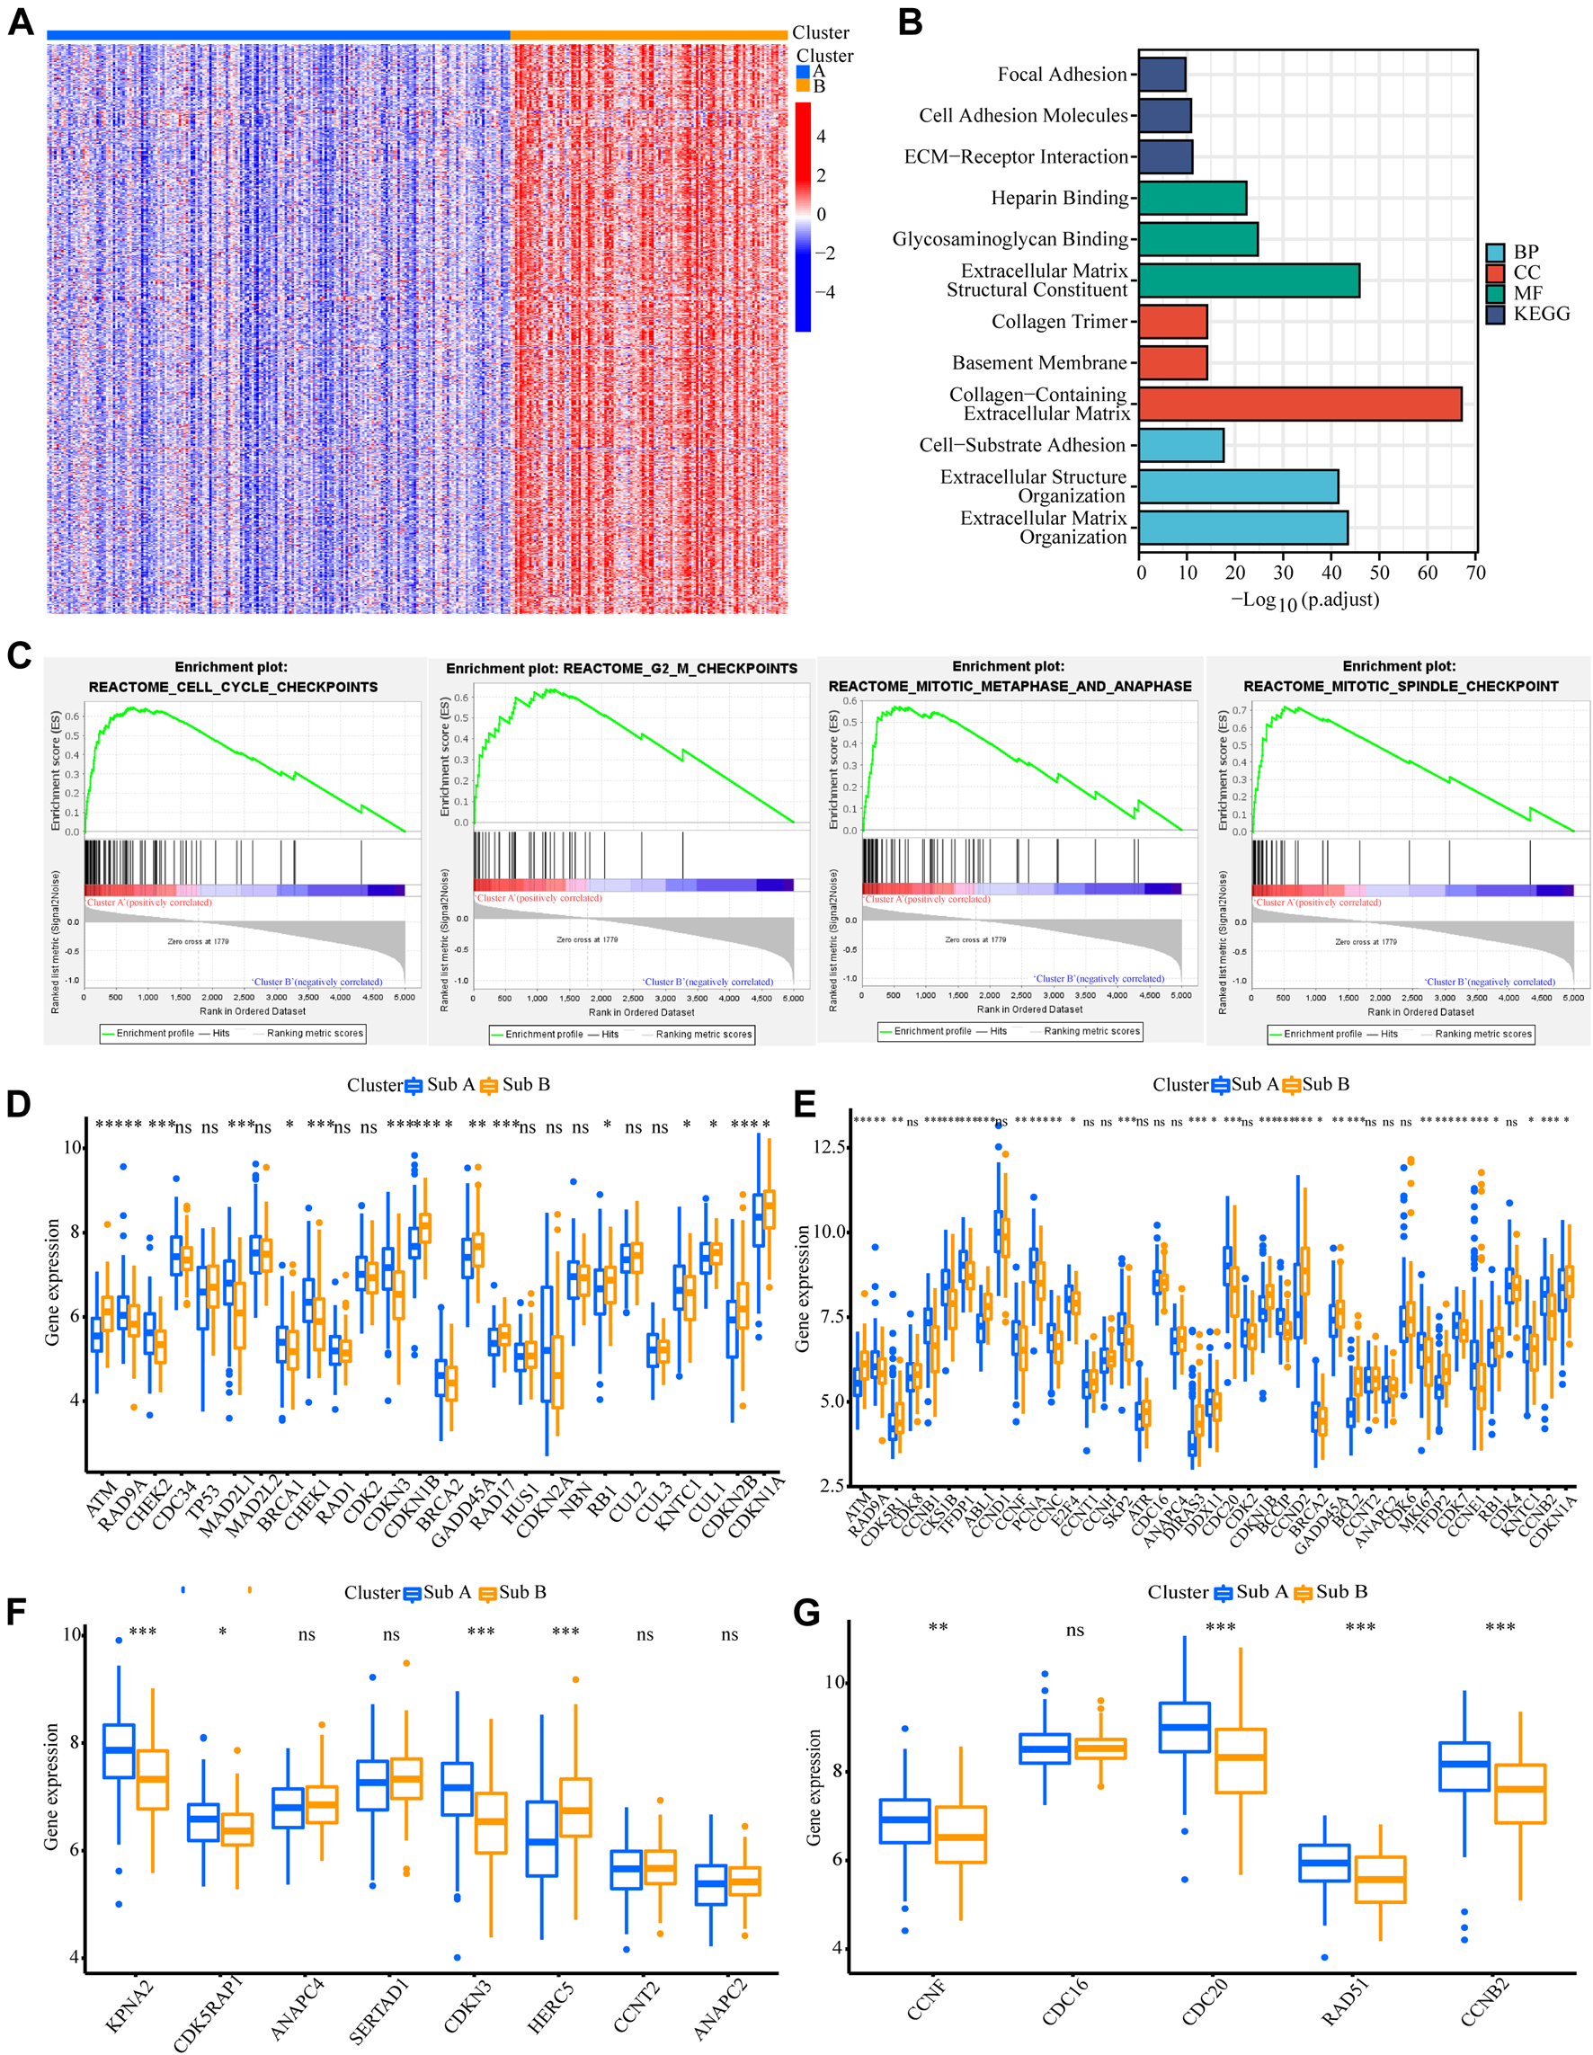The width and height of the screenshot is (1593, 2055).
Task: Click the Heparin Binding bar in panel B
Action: [1191, 198]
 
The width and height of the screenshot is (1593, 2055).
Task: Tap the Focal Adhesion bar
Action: [1161, 75]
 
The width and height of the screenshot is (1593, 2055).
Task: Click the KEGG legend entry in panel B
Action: [1540, 315]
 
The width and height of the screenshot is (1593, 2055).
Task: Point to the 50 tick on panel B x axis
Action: [1378, 572]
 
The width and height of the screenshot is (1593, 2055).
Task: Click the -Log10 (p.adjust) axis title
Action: [1305, 600]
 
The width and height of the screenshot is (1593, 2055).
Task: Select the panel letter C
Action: [19, 656]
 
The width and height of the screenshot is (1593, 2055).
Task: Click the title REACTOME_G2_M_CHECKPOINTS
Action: [621, 668]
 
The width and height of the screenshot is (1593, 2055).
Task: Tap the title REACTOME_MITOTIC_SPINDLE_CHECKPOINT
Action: [1400, 686]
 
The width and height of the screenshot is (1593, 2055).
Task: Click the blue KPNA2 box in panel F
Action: [119, 1751]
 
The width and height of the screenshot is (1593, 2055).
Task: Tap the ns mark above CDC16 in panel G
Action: [1074, 1631]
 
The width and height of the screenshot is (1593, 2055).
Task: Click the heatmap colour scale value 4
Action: [821, 138]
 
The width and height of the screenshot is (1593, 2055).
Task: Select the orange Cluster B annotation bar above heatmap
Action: [648, 35]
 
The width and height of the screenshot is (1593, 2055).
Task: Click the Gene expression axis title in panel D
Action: [53, 1282]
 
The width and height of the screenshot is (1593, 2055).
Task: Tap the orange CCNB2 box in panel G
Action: [1519, 1793]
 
